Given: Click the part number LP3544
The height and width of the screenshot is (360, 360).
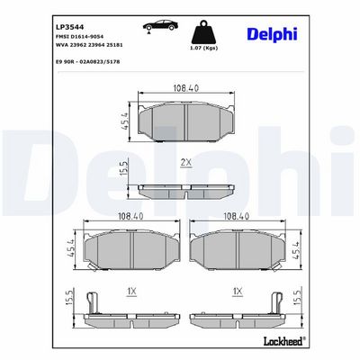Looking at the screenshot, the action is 70,27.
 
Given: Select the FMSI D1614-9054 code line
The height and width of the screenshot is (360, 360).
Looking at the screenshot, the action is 80,37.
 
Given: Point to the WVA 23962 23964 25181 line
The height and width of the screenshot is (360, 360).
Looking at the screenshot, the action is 89,45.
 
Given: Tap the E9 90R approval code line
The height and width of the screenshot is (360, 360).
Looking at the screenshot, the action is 88,62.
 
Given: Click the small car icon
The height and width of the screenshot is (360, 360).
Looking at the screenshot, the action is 160,26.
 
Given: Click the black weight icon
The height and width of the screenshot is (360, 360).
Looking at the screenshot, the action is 204,32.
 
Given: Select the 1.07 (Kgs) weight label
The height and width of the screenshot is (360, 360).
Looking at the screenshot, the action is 204,49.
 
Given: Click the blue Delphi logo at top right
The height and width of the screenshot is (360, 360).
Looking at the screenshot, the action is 272,35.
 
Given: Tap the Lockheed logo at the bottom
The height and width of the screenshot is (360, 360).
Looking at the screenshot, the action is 284,340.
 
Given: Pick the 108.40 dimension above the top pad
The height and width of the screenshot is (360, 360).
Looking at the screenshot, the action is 186,88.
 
